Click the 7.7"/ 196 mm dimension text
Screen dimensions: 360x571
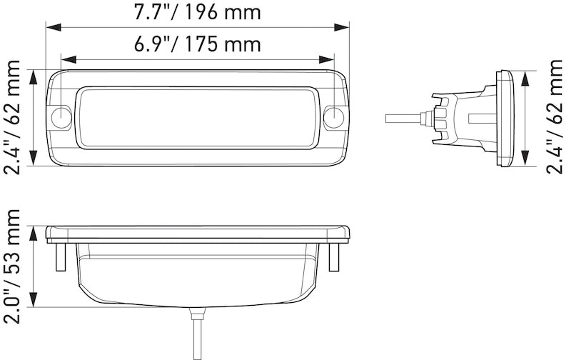[198, 12]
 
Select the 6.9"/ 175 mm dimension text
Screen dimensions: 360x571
[198, 45]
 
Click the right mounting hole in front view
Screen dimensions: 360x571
[333, 118]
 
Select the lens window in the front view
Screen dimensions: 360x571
[198, 118]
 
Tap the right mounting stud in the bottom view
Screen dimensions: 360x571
[333, 256]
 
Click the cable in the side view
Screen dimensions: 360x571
[403, 116]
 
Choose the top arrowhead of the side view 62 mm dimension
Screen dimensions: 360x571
[527, 75]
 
